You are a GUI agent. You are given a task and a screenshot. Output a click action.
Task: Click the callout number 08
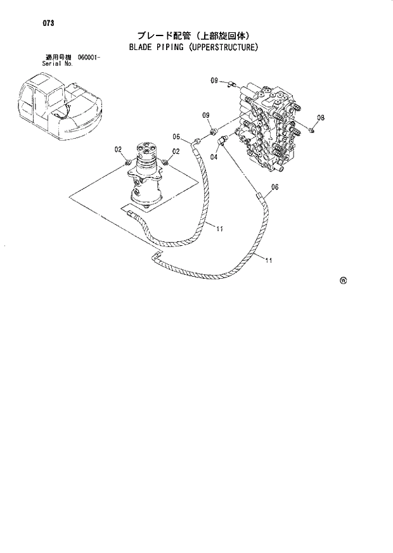click(x=321, y=118)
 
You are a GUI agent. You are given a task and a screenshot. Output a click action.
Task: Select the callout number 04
click(x=214, y=156)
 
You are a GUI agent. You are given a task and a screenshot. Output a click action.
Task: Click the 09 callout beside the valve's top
click(x=214, y=80)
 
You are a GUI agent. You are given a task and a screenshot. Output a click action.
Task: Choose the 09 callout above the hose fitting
click(x=206, y=115)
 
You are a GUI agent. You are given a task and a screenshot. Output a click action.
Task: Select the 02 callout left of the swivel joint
click(x=118, y=150)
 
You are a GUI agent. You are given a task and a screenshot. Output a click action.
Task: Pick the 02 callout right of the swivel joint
click(x=176, y=151)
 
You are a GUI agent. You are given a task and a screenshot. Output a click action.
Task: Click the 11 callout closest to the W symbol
click(x=269, y=260)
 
